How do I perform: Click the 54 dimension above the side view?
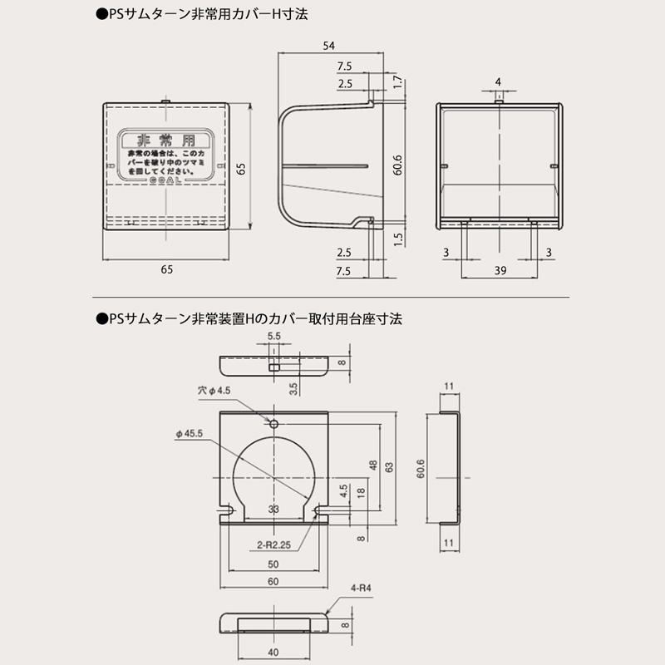(x=331, y=47)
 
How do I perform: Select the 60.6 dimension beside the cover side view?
(x=398, y=164)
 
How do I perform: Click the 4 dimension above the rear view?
(x=497, y=81)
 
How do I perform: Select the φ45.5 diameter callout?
(x=190, y=433)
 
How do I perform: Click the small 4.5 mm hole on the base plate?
(x=274, y=421)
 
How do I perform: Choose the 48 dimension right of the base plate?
(x=373, y=465)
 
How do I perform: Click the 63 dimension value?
(x=390, y=467)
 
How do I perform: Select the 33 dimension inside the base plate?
(x=273, y=508)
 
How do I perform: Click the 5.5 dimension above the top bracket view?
(x=273, y=337)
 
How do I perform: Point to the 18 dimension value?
(x=360, y=492)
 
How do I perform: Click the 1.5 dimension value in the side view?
(x=398, y=238)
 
